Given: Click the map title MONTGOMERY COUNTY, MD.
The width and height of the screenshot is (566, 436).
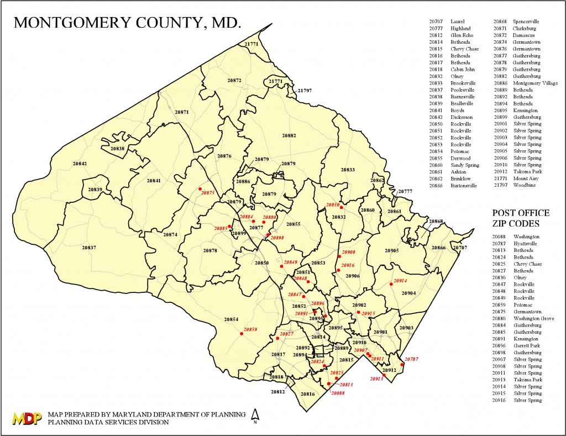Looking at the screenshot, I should point(127,23).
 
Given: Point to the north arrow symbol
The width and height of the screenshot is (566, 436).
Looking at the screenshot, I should point(255,416).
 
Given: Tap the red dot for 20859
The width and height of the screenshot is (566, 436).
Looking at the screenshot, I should point(242,334).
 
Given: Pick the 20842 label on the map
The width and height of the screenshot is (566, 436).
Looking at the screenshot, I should point(80,164).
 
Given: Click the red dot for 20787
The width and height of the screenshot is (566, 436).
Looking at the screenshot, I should point(402,364).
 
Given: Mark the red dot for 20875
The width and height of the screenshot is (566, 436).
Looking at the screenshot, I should point(200,188).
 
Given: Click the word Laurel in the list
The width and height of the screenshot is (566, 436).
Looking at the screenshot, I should point(458,22).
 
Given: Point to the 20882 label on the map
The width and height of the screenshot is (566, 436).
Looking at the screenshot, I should point(289,135).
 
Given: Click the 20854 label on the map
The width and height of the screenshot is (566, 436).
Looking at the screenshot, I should point(231,319).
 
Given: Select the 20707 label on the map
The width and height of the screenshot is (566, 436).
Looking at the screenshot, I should point(459,248).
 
